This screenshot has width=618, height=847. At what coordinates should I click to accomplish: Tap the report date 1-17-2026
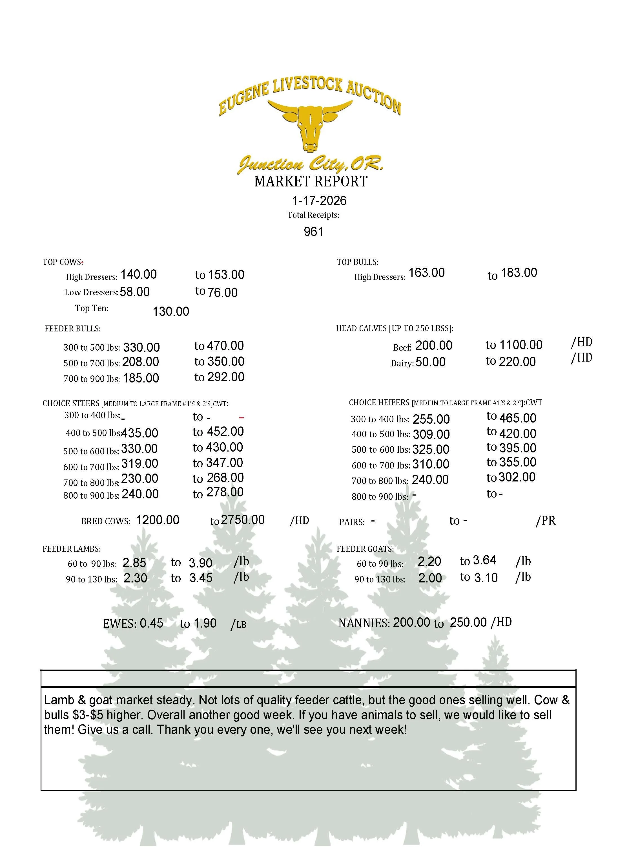point(319,201)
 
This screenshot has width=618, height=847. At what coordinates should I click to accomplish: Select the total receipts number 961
point(313,232)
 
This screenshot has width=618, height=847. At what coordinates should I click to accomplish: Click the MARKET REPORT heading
point(311,182)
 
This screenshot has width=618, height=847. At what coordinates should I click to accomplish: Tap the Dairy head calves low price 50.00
point(430,362)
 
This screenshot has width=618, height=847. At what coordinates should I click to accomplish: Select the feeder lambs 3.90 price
point(201,563)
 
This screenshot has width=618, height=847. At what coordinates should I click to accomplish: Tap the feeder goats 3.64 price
point(484,560)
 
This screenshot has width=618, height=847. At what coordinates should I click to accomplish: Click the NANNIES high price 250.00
point(468,622)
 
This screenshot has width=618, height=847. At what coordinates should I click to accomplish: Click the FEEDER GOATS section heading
point(365,549)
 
